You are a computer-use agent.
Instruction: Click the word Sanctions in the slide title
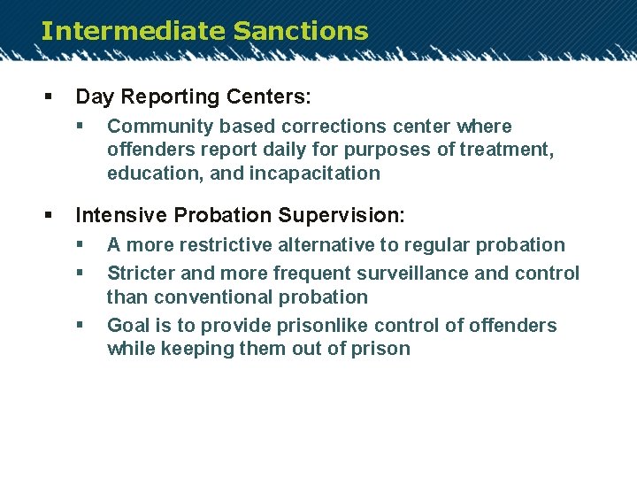tap(301, 31)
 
